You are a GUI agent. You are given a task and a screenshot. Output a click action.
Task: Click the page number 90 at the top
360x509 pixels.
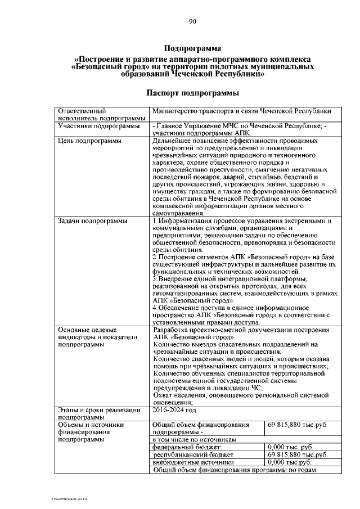point(192,21)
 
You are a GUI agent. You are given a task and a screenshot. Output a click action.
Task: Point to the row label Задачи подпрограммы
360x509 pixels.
point(83,221)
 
